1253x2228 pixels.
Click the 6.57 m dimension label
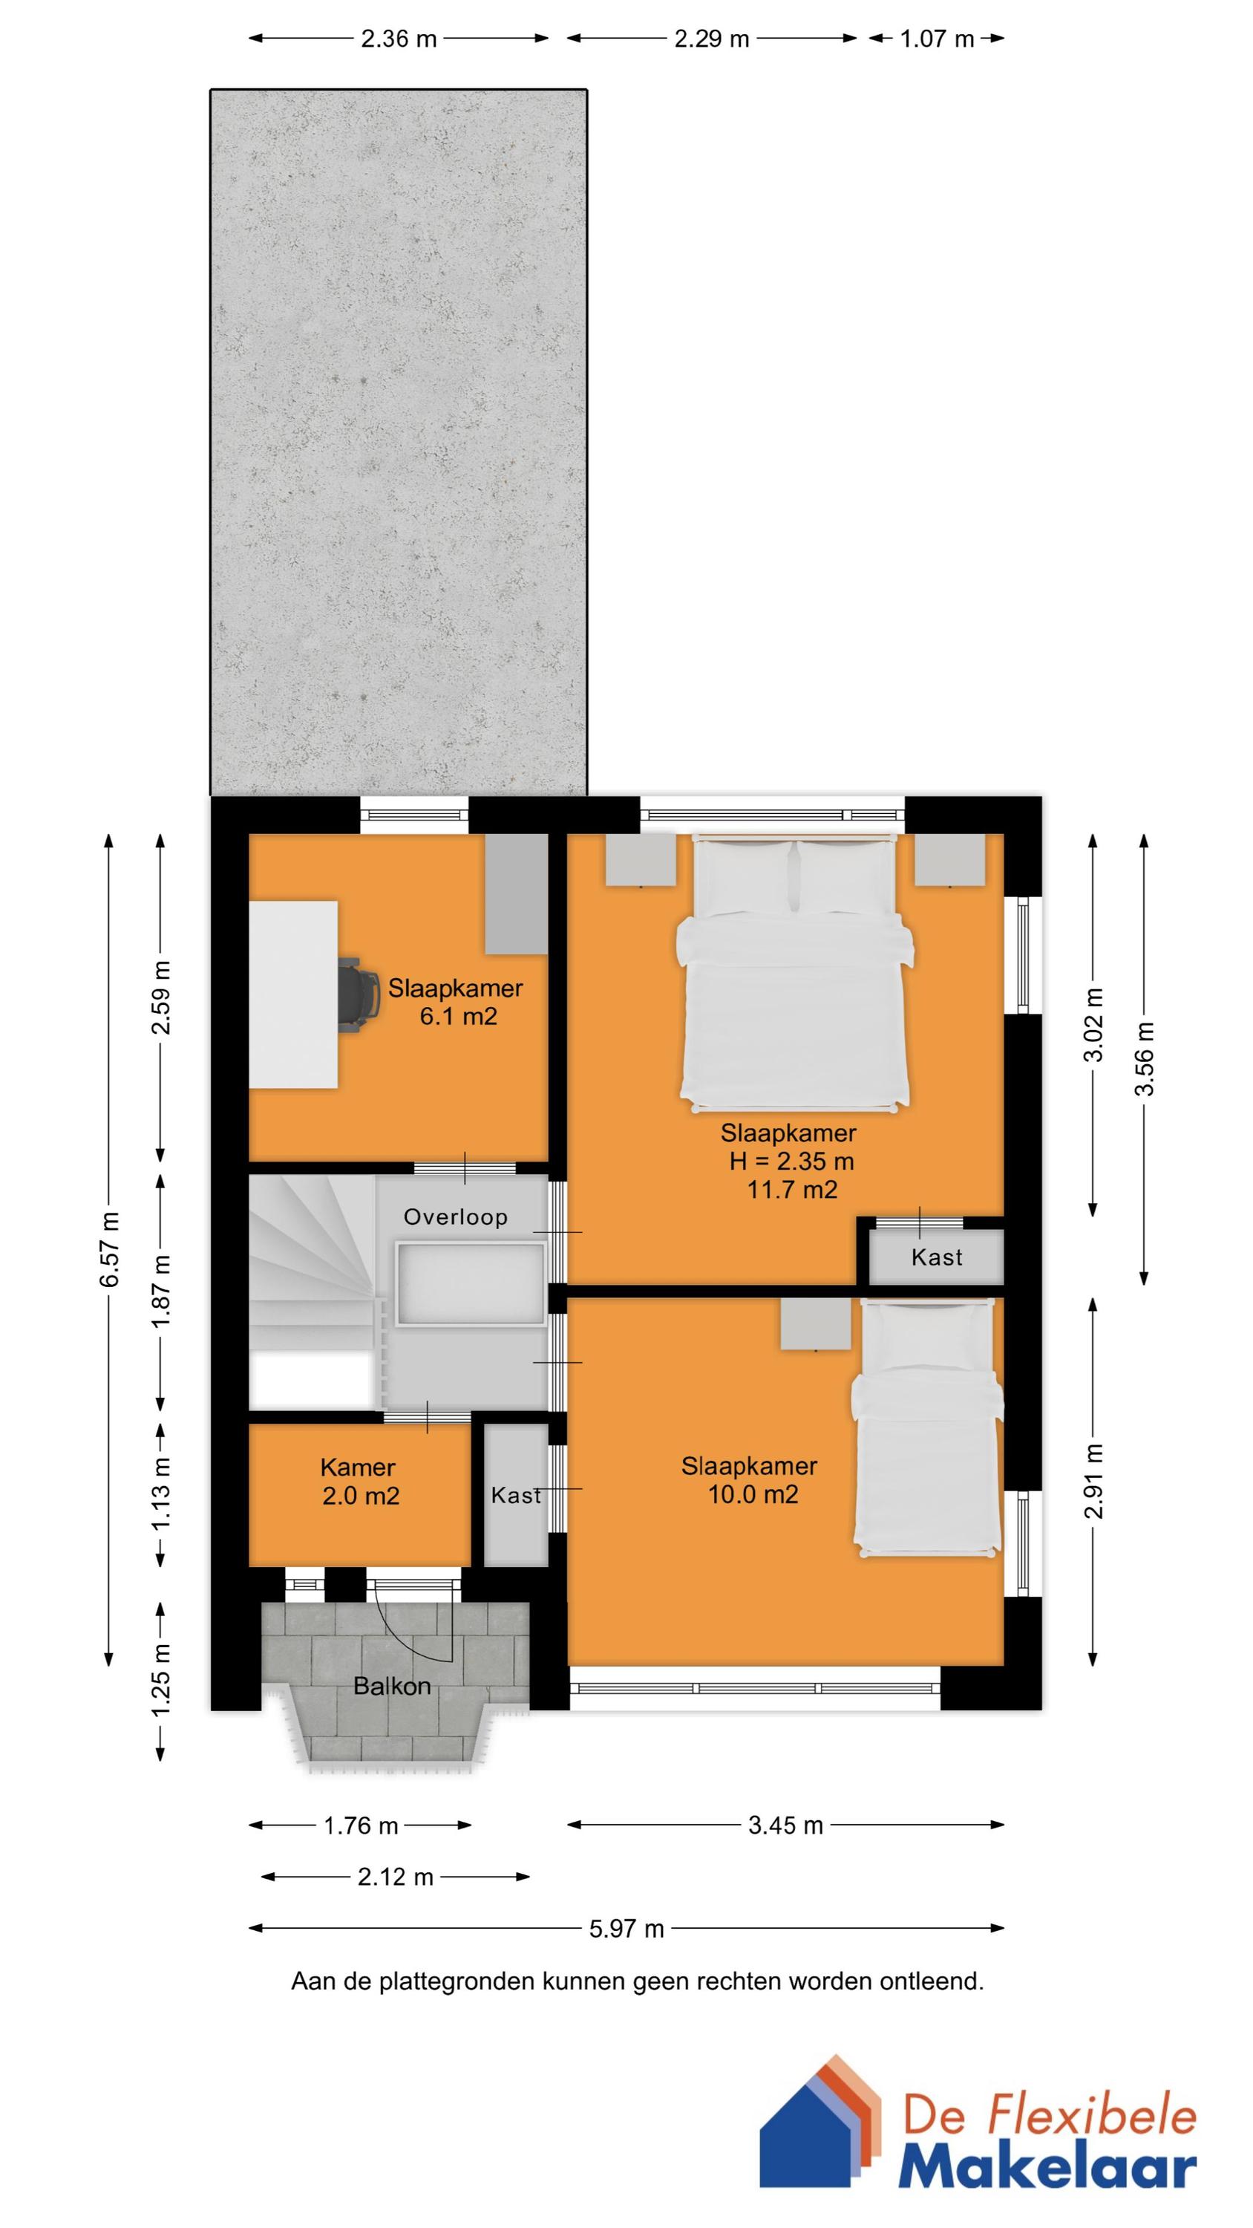[x=110, y=1249]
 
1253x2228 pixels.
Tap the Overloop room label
[x=456, y=1217]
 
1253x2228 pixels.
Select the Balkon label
[x=392, y=1686]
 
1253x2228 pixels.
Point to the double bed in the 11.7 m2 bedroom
[x=794, y=977]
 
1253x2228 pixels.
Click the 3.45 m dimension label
[x=785, y=1825]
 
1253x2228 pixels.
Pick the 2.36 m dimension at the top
[x=399, y=39]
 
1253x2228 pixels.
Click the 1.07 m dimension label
[x=937, y=39]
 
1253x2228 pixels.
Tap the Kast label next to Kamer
[x=515, y=1496]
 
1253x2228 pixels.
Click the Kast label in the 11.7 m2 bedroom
[x=937, y=1257]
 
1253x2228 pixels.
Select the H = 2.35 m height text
[x=791, y=1162]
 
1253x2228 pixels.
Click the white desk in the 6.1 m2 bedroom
[x=292, y=994]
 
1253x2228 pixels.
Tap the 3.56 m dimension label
[x=1144, y=1058]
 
